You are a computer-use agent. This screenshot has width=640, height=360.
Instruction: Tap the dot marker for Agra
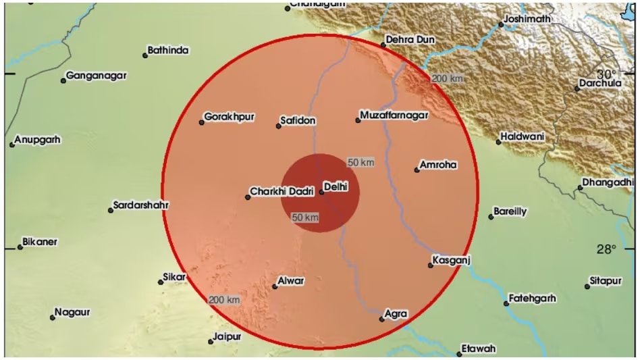(x=381, y=319)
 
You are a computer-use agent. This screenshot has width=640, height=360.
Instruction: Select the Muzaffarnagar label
(x=395, y=116)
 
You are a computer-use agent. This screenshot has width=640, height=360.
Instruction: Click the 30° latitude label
(x=606, y=74)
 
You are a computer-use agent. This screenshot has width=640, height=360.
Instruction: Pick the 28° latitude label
(x=606, y=249)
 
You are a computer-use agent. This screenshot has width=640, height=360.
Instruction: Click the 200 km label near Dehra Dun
(x=448, y=79)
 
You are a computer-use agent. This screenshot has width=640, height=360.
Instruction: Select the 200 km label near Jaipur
(x=224, y=300)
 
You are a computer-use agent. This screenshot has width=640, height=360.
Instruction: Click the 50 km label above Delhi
(x=361, y=162)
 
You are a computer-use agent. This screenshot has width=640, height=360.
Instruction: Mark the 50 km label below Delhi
(x=305, y=217)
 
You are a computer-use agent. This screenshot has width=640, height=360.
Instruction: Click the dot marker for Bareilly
(x=491, y=217)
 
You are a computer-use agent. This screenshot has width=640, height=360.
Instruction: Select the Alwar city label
(x=291, y=281)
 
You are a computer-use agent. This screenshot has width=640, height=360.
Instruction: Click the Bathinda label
(x=168, y=50)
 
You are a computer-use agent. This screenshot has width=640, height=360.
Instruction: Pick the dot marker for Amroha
(x=417, y=170)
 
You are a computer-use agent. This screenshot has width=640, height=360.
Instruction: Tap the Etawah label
(x=479, y=349)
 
